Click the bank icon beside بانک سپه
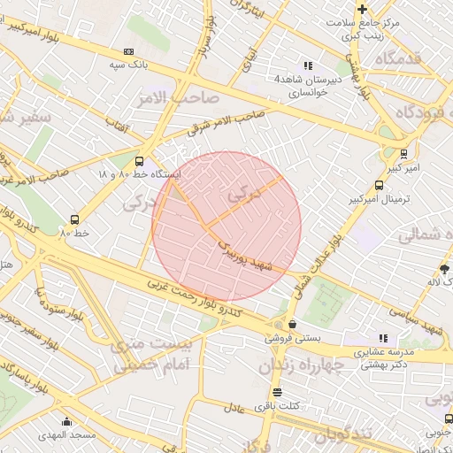(x=130, y=51)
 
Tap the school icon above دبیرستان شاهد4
(x=308, y=65)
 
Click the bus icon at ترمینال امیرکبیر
(x=379, y=186)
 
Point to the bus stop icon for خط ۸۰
(x=74, y=219)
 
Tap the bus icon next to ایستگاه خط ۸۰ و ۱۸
(x=139, y=161)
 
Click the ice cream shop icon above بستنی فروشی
(x=292, y=325)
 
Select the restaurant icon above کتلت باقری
(x=278, y=392)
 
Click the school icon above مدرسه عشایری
(x=383, y=338)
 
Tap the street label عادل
(x=234, y=409)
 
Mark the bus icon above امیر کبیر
(x=404, y=152)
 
